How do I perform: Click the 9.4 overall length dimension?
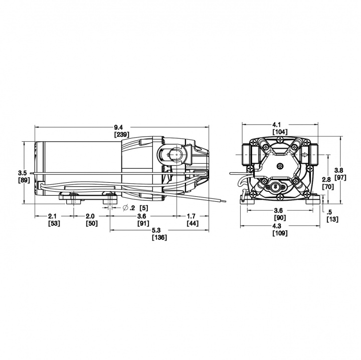coord(122,127)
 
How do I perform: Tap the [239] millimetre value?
coord(122,134)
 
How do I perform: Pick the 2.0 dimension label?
coord(90,216)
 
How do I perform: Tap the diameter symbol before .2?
coord(125,207)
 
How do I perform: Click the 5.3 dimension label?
coord(159,230)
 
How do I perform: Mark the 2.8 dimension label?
coord(326,179)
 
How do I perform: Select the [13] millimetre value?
coord(332,219)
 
